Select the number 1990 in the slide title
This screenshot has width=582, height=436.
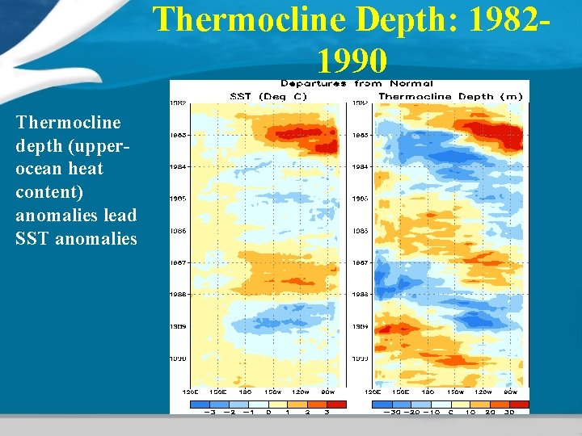(352, 59)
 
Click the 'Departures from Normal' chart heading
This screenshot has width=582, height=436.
(356, 83)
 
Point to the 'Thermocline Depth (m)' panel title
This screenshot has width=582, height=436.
(450, 96)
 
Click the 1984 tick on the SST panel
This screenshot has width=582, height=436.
(177, 166)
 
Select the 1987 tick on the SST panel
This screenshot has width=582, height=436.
(177, 262)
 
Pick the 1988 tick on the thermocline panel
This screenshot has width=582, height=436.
(360, 295)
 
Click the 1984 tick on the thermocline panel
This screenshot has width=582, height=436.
(360, 166)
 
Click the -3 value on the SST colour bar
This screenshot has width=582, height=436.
(210, 411)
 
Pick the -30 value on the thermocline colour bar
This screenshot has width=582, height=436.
(391, 411)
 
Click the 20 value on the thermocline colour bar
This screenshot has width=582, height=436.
(490, 411)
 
